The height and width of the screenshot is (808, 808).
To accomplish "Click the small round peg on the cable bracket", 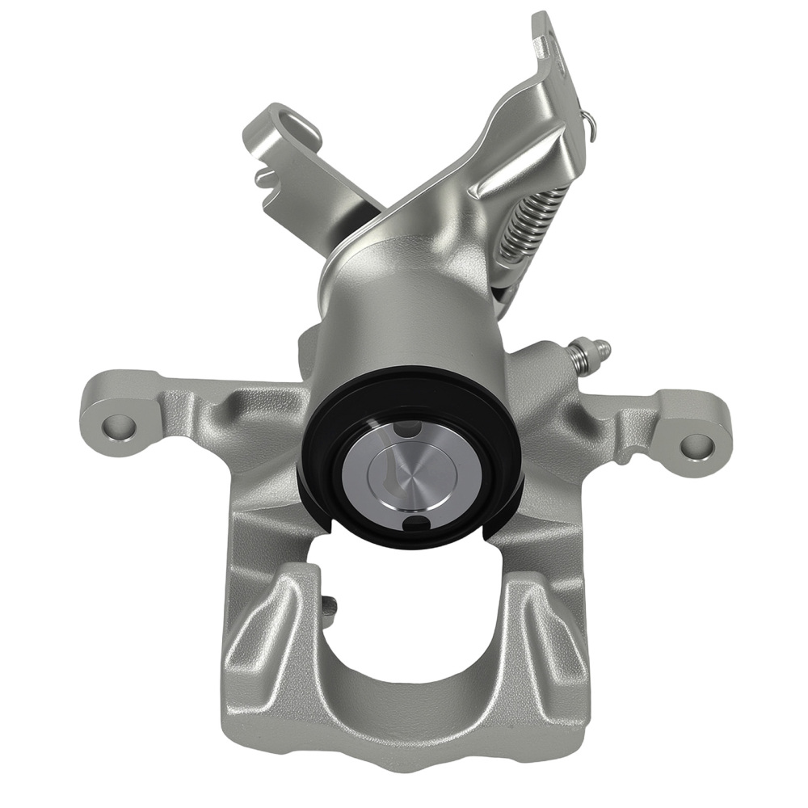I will (261, 173).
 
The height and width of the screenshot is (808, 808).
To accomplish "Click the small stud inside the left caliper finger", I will (329, 606).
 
